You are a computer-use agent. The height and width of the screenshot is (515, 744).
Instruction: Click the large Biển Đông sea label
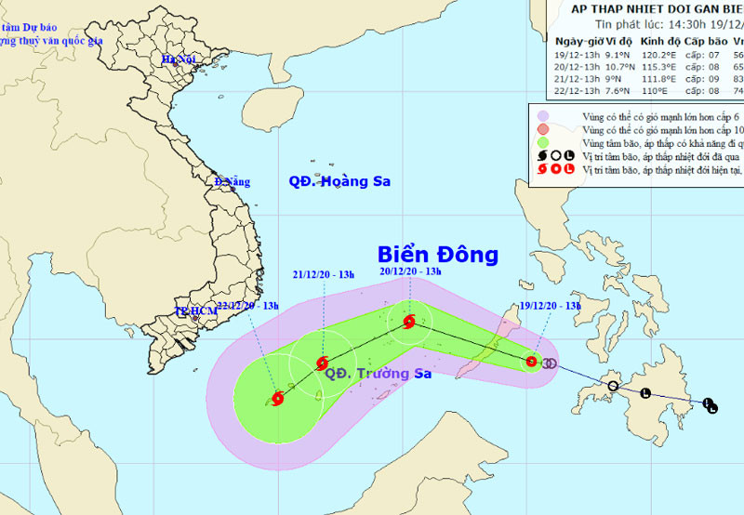pos(437,255)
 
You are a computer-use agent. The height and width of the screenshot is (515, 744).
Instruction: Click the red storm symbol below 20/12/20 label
pos(409,323)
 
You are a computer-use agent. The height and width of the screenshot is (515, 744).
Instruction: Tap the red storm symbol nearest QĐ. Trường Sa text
pos(322,363)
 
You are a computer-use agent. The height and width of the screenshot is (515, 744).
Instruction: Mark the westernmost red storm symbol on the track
pos(276,399)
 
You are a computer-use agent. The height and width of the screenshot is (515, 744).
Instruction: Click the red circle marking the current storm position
pos(531,362)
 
